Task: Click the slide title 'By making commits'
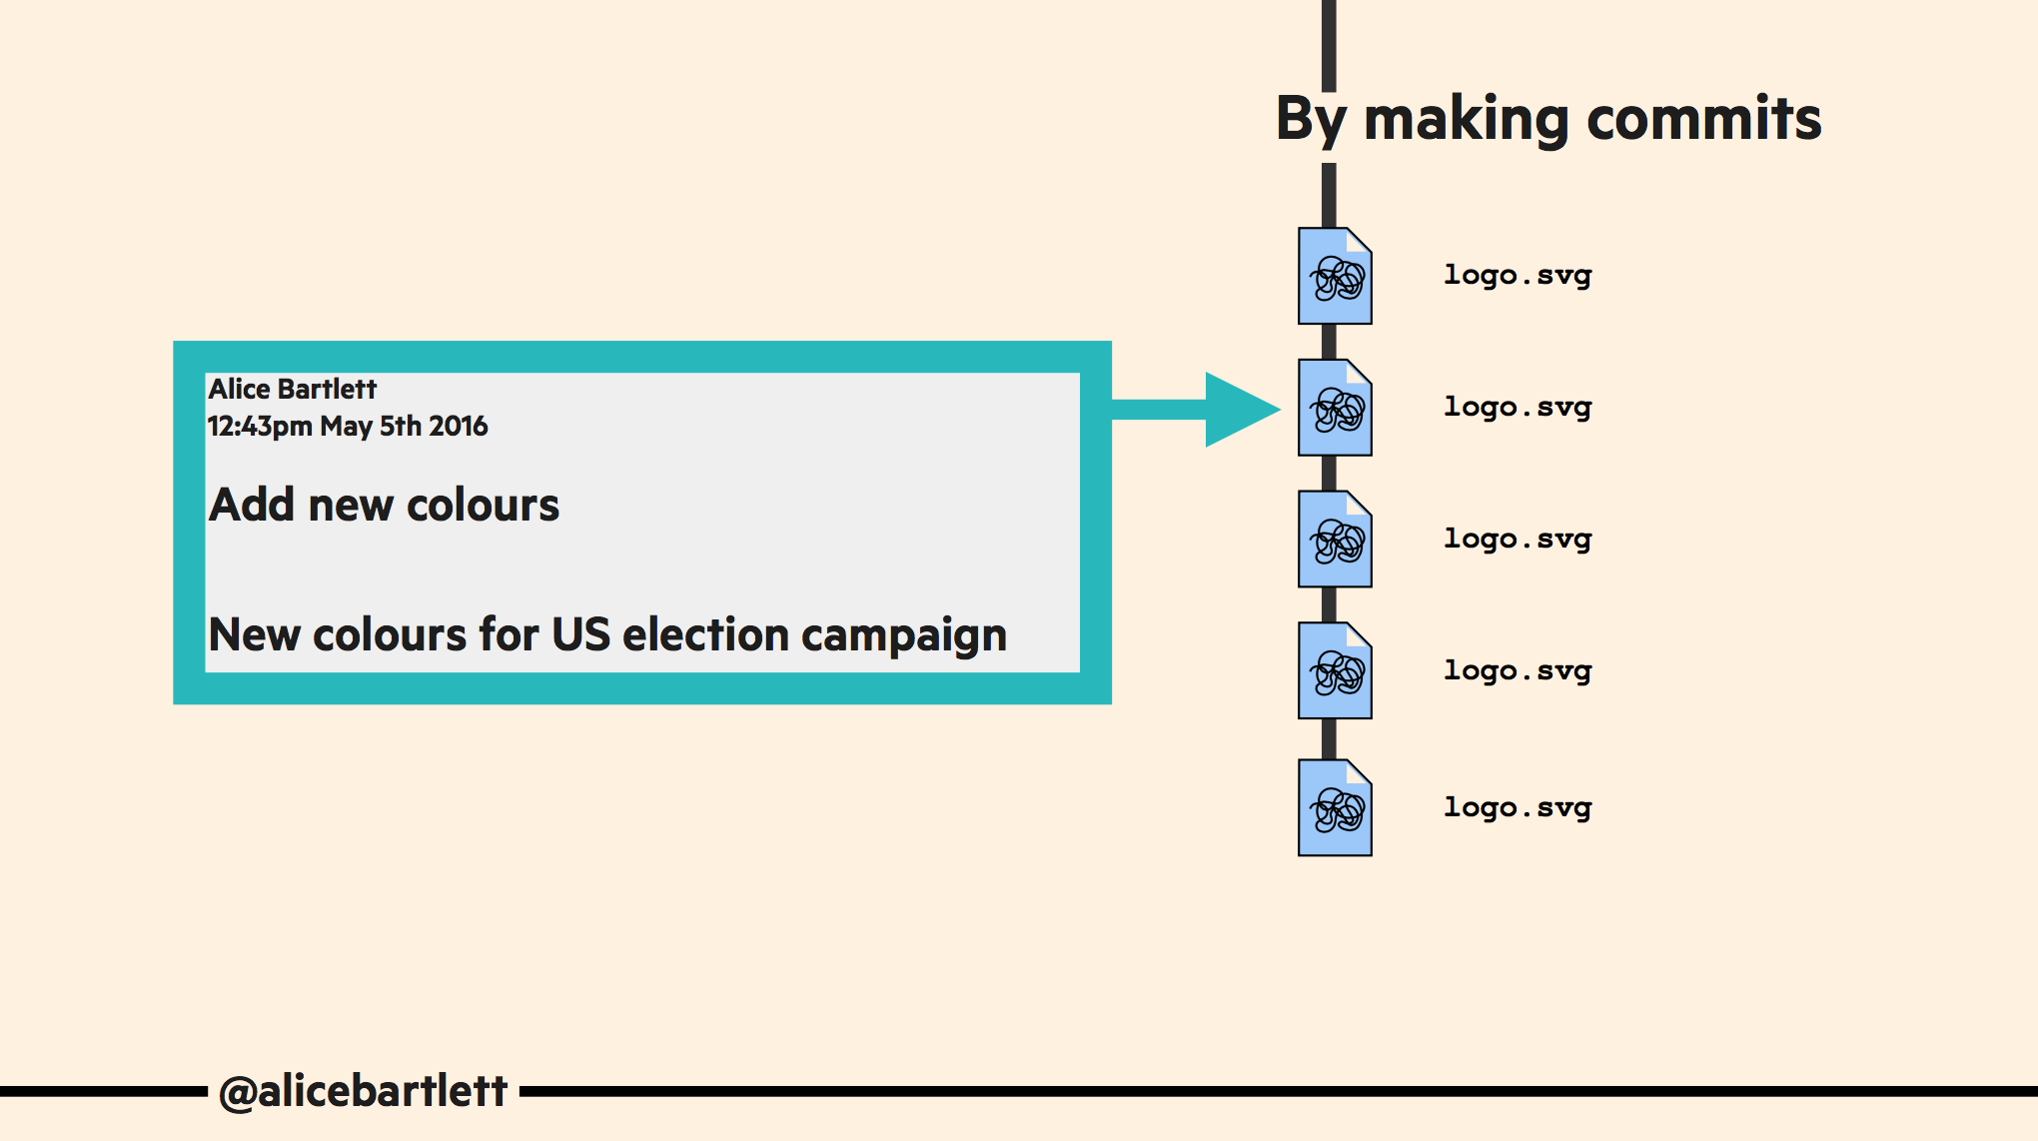[x=1548, y=119]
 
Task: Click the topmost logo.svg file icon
[x=1335, y=276]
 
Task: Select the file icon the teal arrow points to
[x=1335, y=408]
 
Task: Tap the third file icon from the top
[x=1335, y=540]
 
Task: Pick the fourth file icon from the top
[x=1335, y=670]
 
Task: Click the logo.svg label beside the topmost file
[x=1518, y=275]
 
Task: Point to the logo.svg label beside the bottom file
[x=1518, y=807]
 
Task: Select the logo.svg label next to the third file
[x=1518, y=540]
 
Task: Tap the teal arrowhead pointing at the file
[x=1239, y=409]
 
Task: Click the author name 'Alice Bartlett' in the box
[x=292, y=389]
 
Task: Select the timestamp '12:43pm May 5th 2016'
[x=347, y=427]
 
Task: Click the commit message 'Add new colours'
[x=384, y=505]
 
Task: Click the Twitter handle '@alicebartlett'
[x=363, y=1091]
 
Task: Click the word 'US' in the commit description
[x=580, y=634]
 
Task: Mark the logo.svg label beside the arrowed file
[x=1518, y=408]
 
